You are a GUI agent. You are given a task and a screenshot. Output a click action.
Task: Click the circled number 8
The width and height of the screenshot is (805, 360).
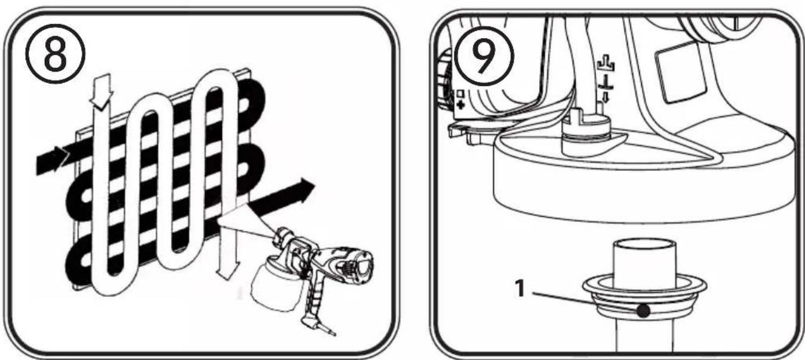pos(56,54)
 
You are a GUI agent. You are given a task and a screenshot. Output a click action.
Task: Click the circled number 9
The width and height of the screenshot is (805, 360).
pos(484,56)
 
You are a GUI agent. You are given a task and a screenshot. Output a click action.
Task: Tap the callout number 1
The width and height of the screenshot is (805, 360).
pos(520,288)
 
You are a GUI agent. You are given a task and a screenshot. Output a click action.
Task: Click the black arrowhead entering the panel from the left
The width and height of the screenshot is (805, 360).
pos(60,158)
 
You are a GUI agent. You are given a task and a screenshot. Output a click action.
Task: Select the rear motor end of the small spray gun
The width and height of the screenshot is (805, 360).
pos(361,266)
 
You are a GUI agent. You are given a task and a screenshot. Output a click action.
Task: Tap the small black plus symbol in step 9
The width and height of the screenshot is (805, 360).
pos(460,105)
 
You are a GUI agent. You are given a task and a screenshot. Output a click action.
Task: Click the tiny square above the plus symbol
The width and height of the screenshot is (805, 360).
pos(460,94)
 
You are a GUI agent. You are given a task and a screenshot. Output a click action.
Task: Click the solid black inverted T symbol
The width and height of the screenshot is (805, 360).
pos(606,82)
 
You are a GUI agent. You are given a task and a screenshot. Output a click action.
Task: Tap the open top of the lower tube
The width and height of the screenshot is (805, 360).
pos(644,247)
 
